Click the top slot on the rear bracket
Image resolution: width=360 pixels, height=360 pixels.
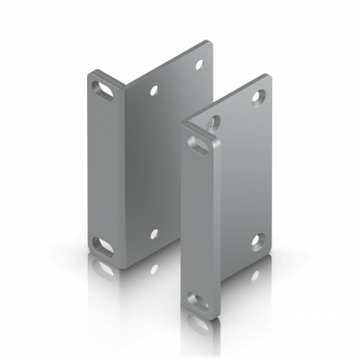(x=103, y=85)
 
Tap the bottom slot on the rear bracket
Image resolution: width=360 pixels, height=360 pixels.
(x=103, y=243)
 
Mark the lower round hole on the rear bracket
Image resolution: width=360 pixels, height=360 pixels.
(x=152, y=234)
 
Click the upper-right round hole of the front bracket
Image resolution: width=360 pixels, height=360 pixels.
(x=259, y=96)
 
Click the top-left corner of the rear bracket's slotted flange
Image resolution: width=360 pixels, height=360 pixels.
(x=88, y=73)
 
